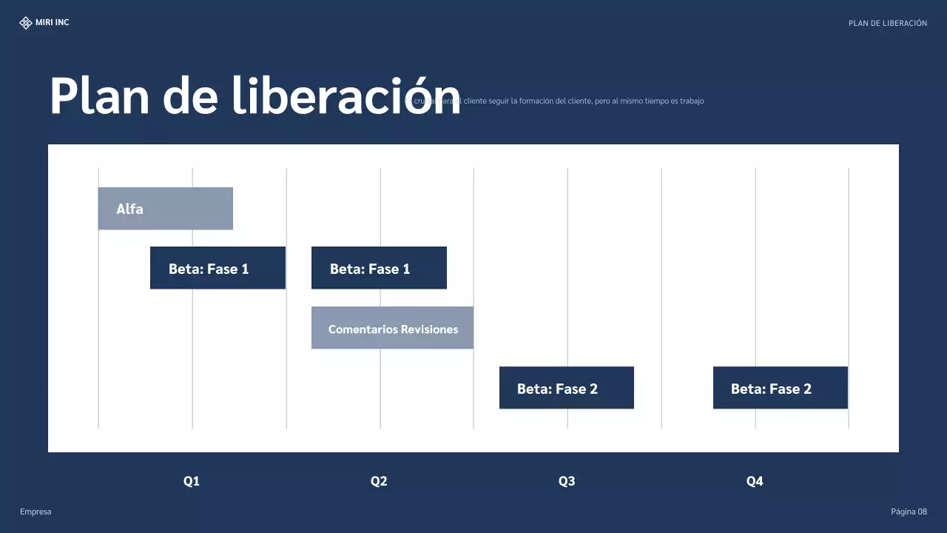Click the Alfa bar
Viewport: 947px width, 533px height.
pyautogui.click(x=165, y=209)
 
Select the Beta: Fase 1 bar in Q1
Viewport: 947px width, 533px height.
pyautogui.click(x=218, y=268)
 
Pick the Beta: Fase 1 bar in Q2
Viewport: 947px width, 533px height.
pyautogui.click(x=379, y=268)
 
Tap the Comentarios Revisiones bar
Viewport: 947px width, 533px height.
pyautogui.click(x=392, y=328)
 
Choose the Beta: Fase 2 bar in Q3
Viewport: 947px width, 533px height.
pyautogui.click(x=566, y=388)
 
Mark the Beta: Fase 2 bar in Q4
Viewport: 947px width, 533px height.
pyautogui.click(x=780, y=388)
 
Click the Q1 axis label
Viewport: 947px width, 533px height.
pyautogui.click(x=192, y=481)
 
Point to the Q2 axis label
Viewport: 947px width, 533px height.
pyautogui.click(x=379, y=481)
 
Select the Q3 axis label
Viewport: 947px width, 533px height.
pyautogui.click(x=567, y=481)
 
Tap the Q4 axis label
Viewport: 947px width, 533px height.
pyautogui.click(x=755, y=481)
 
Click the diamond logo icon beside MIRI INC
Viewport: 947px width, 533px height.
pyautogui.click(x=26, y=23)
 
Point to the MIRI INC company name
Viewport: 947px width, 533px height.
pyautogui.click(x=53, y=23)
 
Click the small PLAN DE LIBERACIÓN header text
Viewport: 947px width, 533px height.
pyautogui.click(x=887, y=24)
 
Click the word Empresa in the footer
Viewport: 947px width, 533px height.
pyautogui.click(x=36, y=512)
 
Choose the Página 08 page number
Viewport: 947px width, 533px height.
pyautogui.click(x=909, y=512)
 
